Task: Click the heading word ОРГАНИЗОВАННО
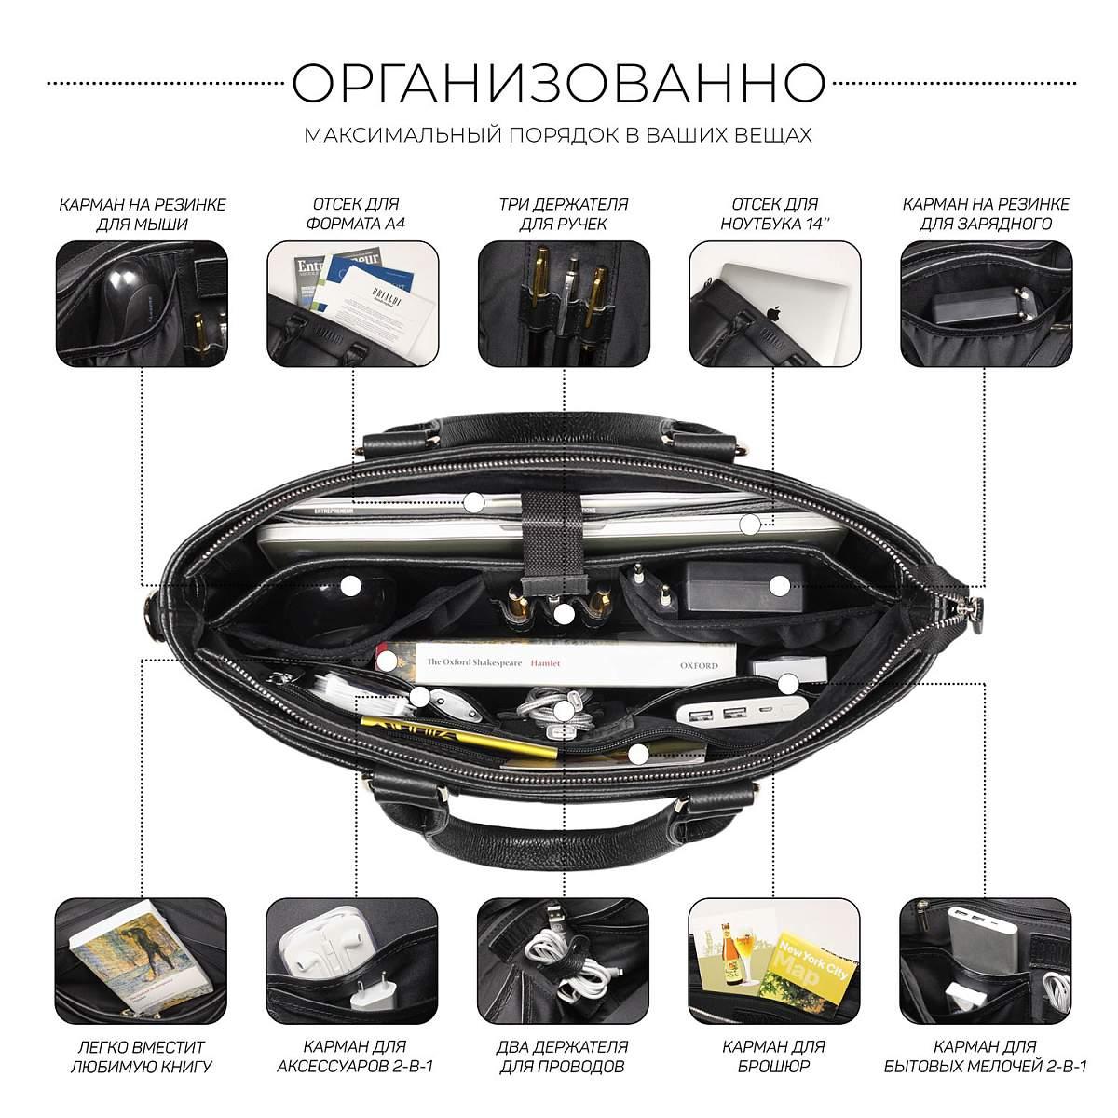[558, 83]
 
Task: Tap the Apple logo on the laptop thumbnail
[771, 314]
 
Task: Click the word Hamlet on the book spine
[545, 663]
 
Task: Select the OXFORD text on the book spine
[699, 665]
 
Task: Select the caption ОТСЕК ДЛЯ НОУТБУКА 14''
[774, 214]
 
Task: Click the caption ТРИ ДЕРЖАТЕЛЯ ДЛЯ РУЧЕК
[564, 214]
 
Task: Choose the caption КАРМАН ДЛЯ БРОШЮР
[773, 1057]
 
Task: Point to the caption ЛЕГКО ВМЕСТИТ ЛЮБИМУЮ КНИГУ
[141, 1057]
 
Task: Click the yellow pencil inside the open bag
[458, 737]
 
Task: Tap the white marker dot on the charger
[780, 586]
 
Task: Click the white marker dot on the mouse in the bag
[350, 586]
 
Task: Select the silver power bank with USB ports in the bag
[742, 712]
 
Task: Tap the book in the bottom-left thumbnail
[141, 959]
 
